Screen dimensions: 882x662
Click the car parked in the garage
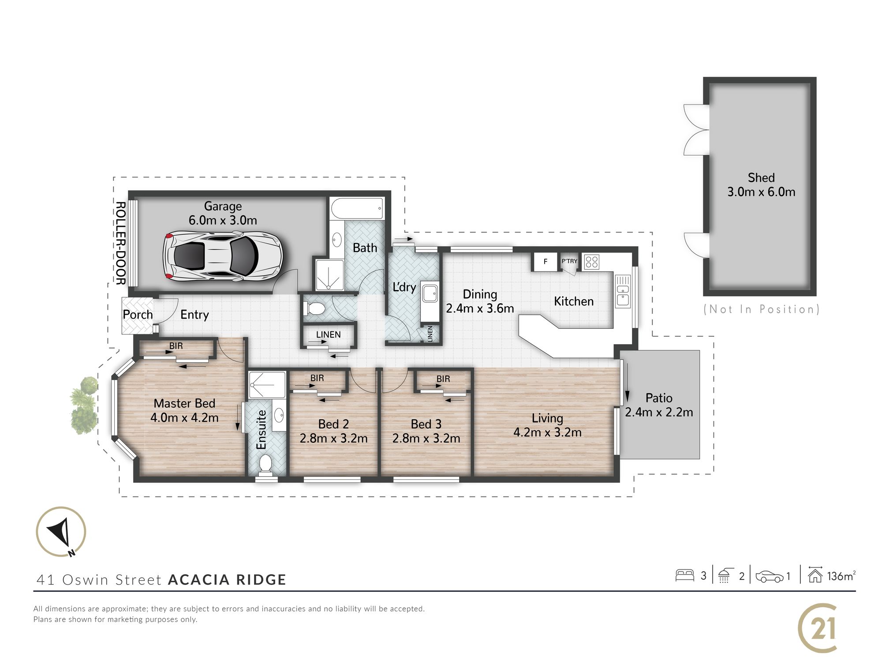[x=223, y=256]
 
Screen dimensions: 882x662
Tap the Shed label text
[x=761, y=177]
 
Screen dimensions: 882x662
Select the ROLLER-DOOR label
[x=120, y=243]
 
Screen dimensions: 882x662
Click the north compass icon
[x=61, y=531]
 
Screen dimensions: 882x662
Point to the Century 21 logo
[x=818, y=628]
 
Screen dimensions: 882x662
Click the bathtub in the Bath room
[x=357, y=209]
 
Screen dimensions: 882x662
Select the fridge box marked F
[x=546, y=262]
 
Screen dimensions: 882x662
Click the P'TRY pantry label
[x=569, y=261]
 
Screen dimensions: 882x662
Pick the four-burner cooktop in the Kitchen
[x=591, y=262]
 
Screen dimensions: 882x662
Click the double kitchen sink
[x=623, y=291]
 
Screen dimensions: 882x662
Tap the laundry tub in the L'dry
[x=429, y=293]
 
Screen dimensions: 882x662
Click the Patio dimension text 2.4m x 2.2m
[x=659, y=412]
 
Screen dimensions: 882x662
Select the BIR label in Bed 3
[x=443, y=379]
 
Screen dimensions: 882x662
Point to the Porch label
[x=138, y=315]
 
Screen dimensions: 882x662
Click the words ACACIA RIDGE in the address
[x=227, y=579]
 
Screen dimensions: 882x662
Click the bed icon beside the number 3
[x=685, y=575]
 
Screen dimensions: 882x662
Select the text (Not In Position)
[x=761, y=309]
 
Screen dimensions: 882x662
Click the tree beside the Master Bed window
[x=84, y=405]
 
